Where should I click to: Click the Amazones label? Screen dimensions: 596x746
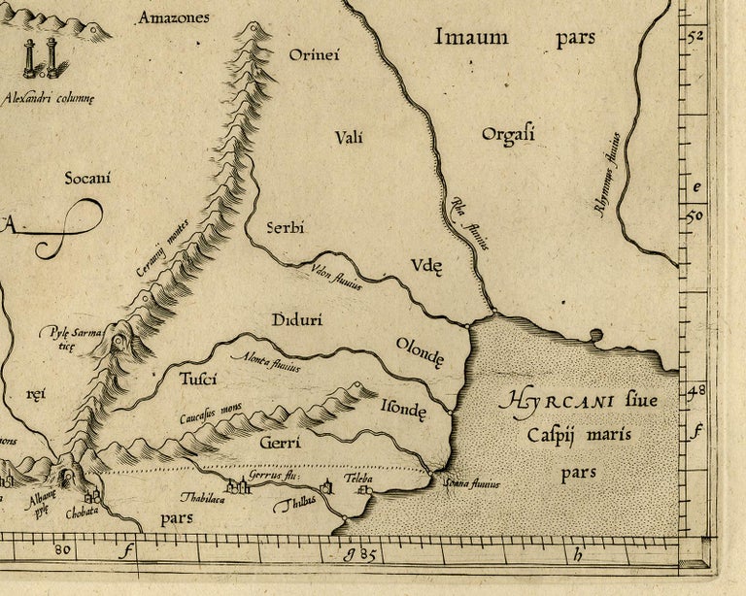173,17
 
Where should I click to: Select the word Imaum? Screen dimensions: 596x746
471,38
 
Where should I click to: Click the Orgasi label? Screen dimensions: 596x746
508,134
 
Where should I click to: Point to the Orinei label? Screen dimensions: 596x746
314,55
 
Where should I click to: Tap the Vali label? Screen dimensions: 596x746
349,138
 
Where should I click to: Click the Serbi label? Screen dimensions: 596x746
286,228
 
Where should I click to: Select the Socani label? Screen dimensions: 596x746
87,178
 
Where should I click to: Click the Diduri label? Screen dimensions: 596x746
297,319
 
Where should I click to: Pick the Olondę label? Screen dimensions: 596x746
420,351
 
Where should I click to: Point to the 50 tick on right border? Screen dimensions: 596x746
695,216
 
